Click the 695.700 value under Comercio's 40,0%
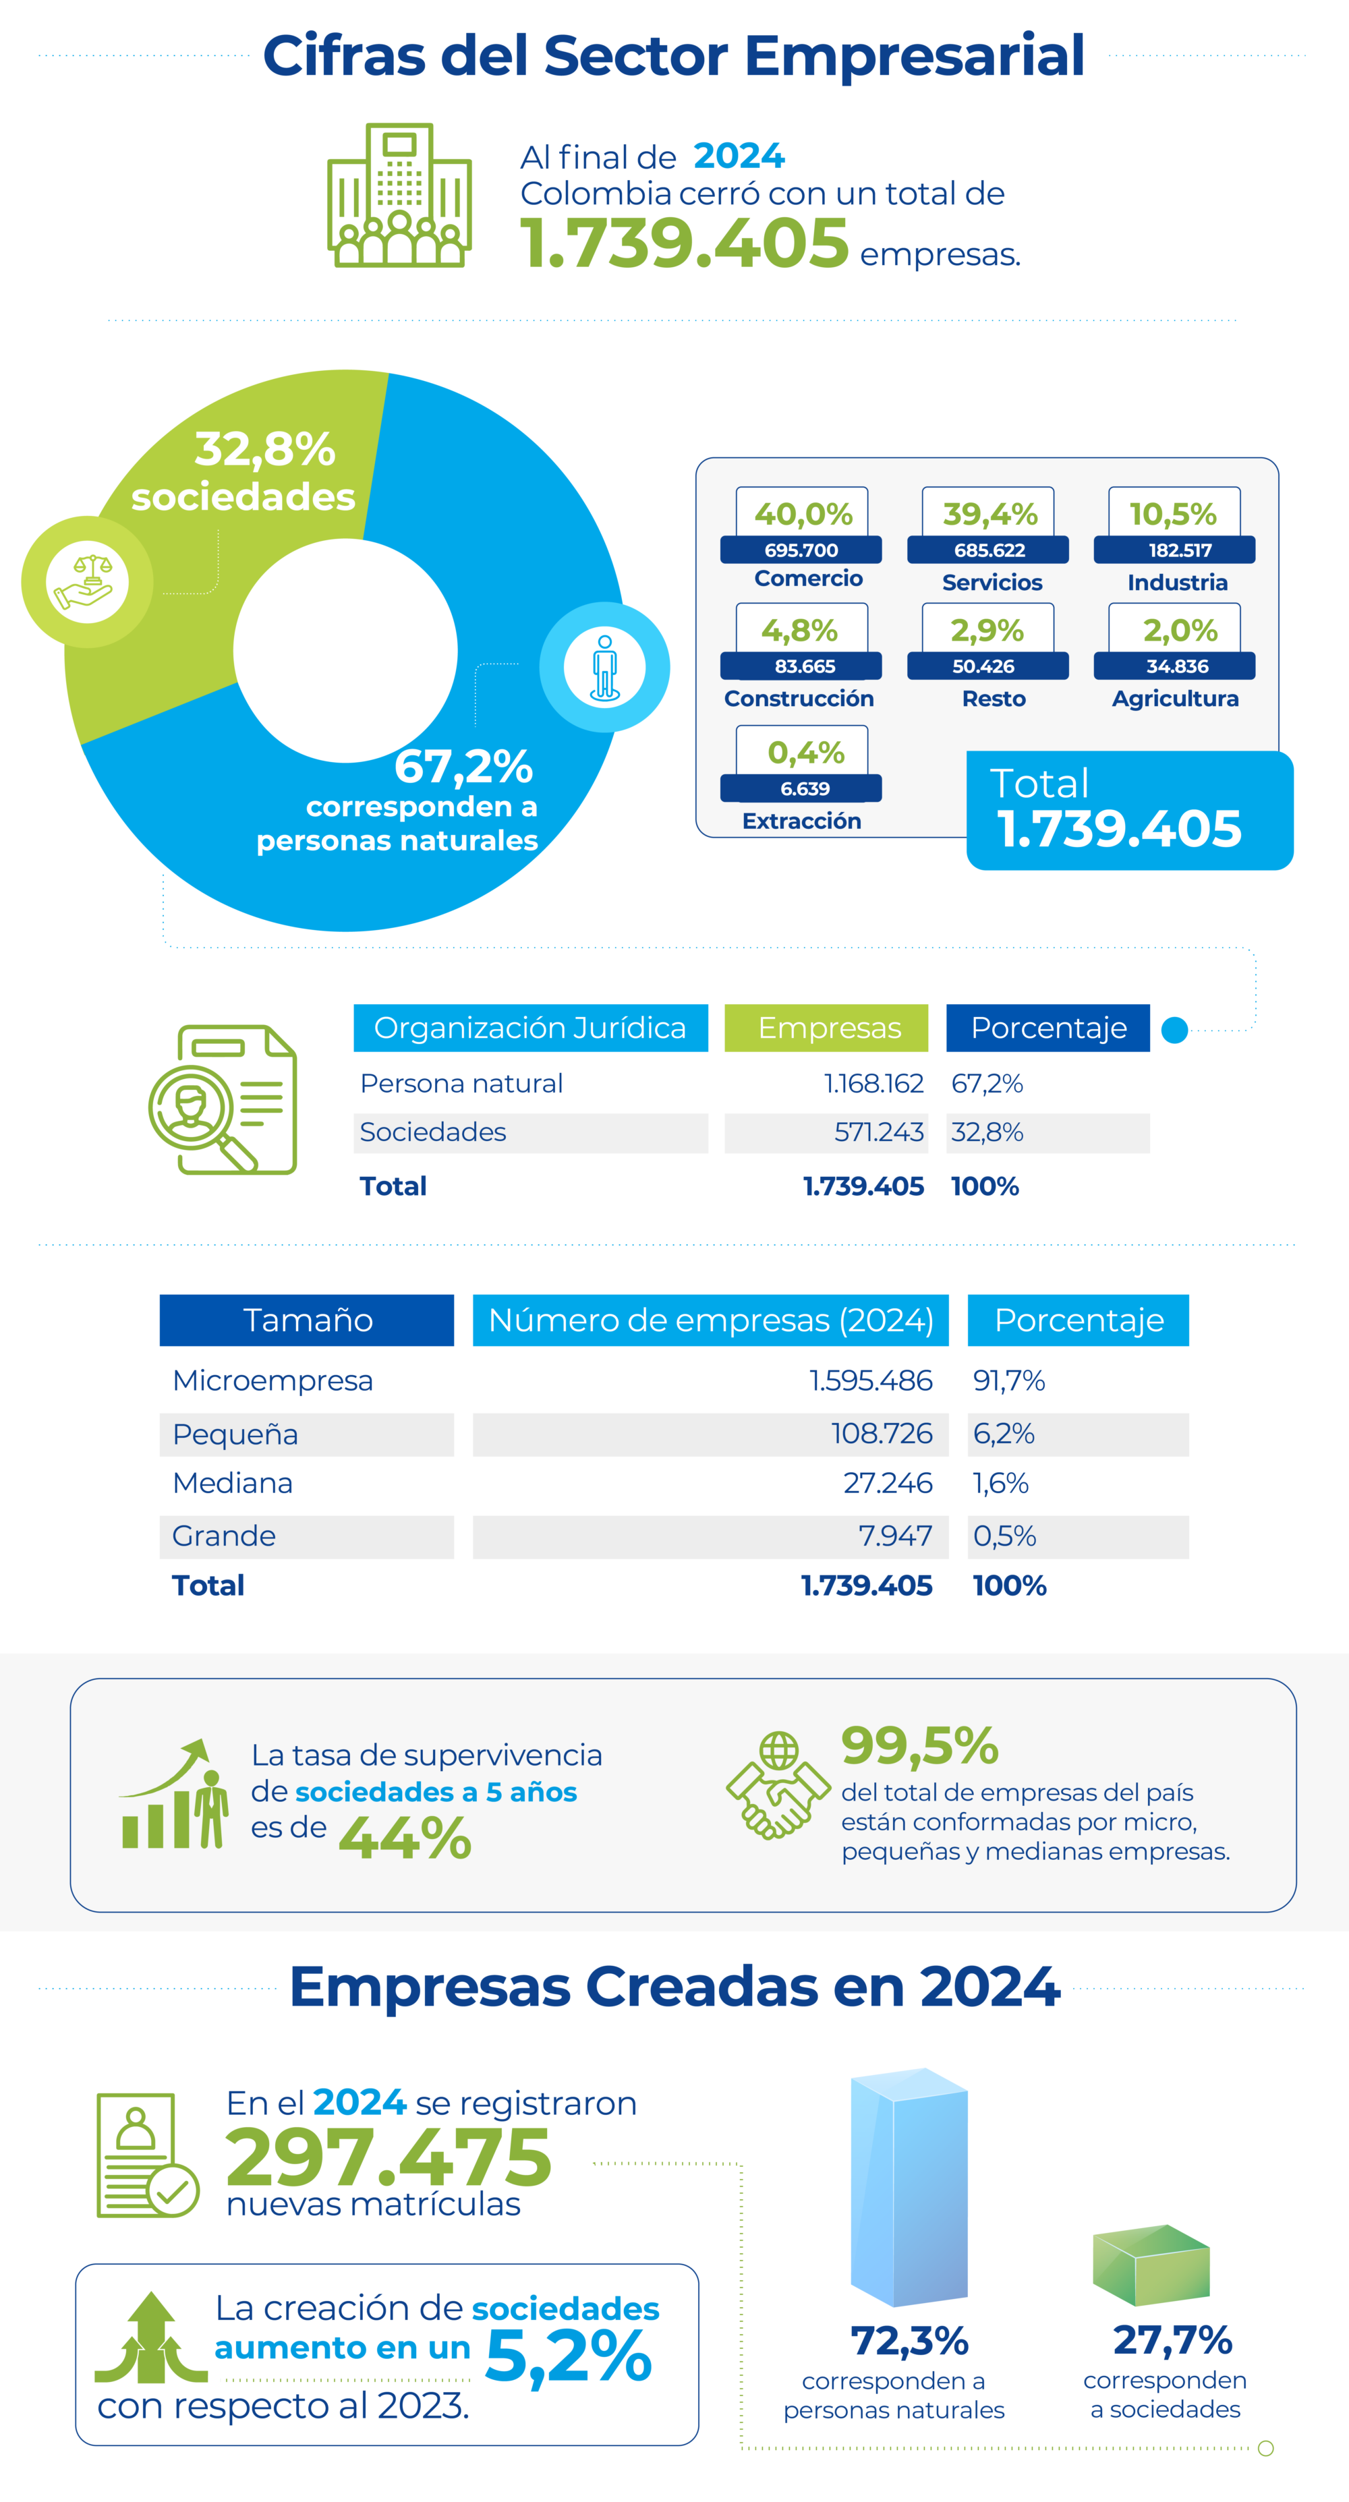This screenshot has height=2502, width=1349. point(801,550)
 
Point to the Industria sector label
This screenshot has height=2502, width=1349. point(1177,583)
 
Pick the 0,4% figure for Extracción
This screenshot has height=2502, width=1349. point(806,752)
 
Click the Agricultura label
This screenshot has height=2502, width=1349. point(1175,699)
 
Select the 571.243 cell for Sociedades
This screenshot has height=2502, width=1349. point(879,1132)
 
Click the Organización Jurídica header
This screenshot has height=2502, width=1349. point(530,1028)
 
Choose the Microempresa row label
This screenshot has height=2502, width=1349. point(273,1380)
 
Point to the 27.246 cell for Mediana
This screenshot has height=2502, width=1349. point(888,1483)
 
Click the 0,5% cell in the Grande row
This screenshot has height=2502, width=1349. point(1004,1536)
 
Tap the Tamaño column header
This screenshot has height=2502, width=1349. point(307,1320)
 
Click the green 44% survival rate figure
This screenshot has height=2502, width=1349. point(405,1838)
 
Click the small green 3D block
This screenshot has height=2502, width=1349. point(1151,2265)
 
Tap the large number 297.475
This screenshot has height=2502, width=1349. point(389,2156)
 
